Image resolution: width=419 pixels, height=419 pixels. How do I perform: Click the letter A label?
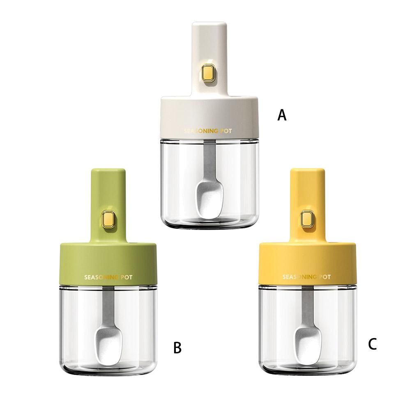click(282, 115)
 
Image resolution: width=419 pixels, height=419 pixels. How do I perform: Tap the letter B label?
click(177, 348)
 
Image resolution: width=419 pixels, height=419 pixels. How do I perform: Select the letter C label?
click(372, 344)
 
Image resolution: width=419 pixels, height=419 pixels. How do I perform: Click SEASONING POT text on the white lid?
click(207, 131)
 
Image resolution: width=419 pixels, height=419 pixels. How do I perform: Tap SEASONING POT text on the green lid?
click(108, 277)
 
